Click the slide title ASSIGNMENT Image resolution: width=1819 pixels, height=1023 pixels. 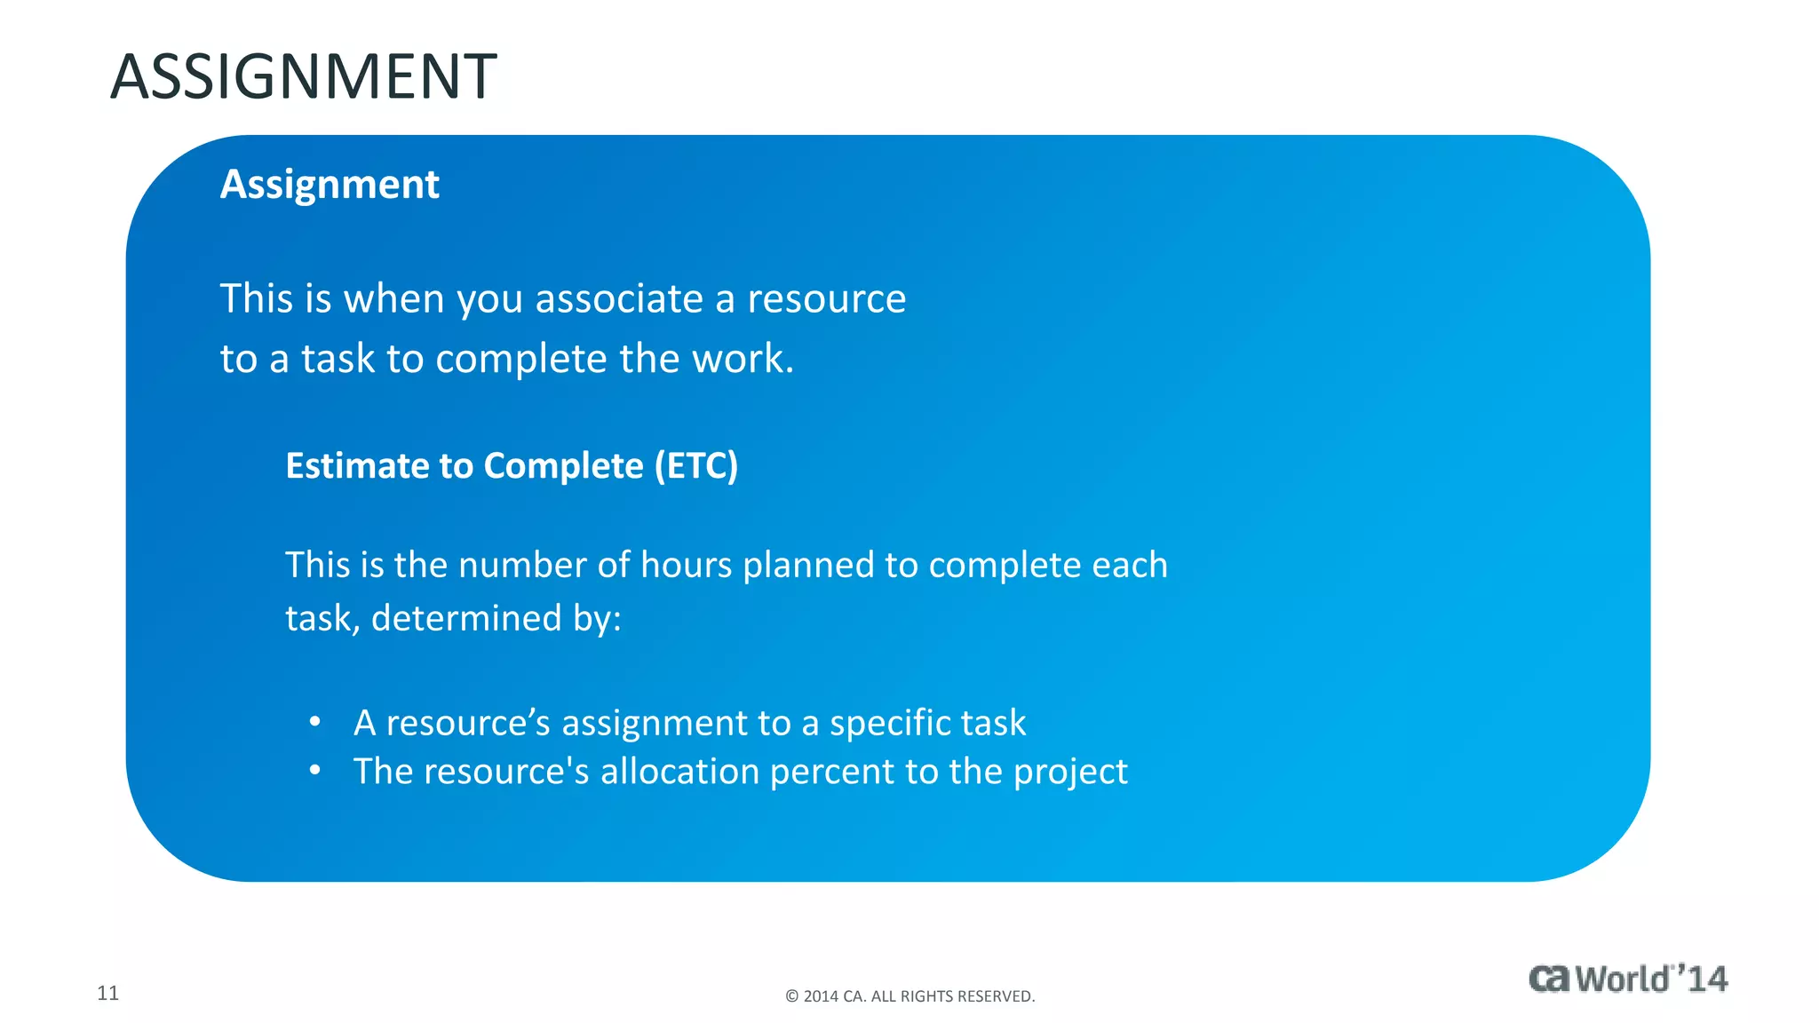pos(303,77)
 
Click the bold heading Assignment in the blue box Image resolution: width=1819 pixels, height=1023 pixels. pos(330,185)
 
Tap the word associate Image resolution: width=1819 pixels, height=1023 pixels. pos(620,298)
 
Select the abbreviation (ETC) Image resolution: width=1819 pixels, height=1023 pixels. pos(696,466)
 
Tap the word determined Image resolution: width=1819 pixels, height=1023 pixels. pos(466,618)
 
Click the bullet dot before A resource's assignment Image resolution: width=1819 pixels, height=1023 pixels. pos(314,722)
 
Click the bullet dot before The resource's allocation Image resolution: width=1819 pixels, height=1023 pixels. pos(314,771)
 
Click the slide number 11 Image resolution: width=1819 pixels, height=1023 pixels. pos(107,993)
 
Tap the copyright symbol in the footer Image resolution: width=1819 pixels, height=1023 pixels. pos(792,996)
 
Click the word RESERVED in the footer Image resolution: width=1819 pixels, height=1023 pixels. pos(999,996)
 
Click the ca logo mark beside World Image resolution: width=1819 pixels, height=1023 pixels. pos(1550,979)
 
